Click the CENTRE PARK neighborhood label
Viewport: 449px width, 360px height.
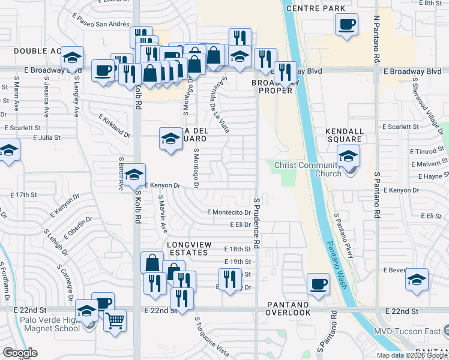pyautogui.click(x=316, y=8)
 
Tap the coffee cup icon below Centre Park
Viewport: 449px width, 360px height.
pyautogui.click(x=346, y=25)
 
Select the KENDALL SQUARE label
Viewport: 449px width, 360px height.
pyautogui.click(x=345, y=135)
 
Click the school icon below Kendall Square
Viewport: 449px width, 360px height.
pyautogui.click(x=348, y=157)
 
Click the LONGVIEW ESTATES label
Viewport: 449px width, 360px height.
pyautogui.click(x=187, y=248)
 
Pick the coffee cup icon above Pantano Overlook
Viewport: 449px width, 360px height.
pyautogui.click(x=318, y=284)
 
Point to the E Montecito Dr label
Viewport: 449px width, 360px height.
pyautogui.click(x=229, y=212)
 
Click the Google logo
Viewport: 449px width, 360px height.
pyautogui.click(x=20, y=352)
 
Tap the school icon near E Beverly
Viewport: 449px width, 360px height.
pyautogui.click(x=417, y=280)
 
